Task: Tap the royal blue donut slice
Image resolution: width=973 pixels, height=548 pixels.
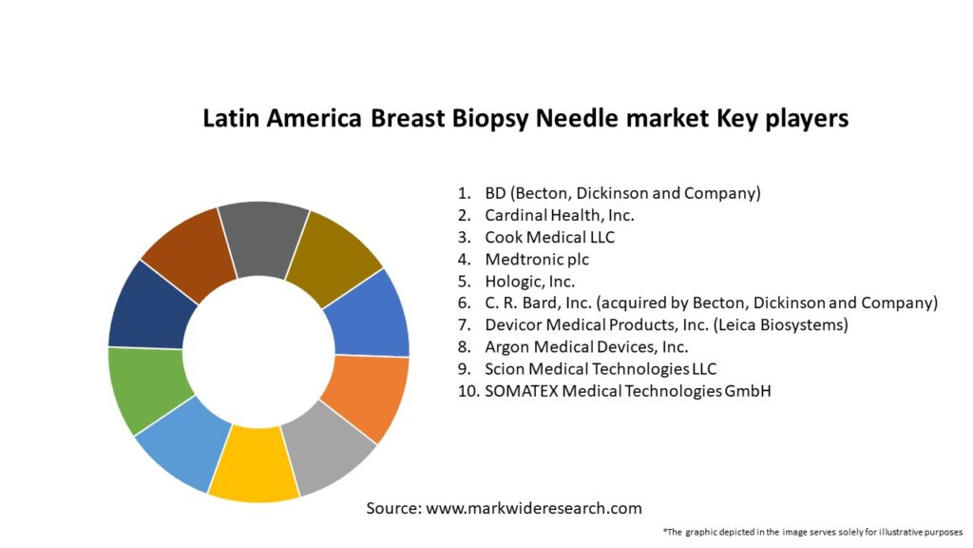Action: tap(371, 314)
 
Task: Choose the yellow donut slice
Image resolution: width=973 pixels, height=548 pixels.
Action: tap(254, 466)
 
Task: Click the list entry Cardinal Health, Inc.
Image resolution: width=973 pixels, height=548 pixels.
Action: tap(559, 215)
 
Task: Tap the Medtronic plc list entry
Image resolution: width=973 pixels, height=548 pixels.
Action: tap(543, 259)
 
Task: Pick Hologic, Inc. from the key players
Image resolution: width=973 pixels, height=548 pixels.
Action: tap(529, 281)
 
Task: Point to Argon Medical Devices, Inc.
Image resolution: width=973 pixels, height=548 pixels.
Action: tap(586, 347)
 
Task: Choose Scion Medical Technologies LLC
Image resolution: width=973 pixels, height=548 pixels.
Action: tap(601, 369)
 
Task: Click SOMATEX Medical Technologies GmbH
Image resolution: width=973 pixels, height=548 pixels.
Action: tap(627, 391)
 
